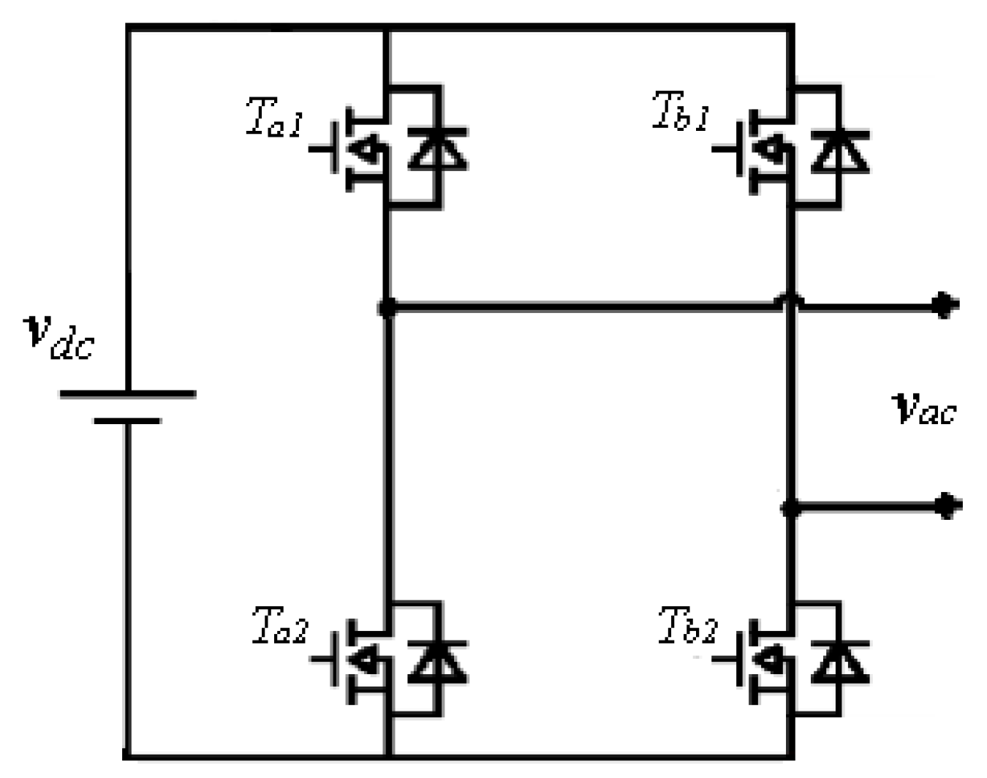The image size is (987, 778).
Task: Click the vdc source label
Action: coord(59,337)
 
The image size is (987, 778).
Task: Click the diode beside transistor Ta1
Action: coord(438,148)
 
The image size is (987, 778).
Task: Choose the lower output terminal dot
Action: coord(946,505)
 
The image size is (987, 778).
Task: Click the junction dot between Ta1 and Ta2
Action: coord(387,308)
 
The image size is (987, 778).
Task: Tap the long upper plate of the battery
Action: coord(128,393)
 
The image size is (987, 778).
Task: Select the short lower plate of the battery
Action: coord(127,421)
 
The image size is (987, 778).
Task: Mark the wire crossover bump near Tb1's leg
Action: coord(790,300)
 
